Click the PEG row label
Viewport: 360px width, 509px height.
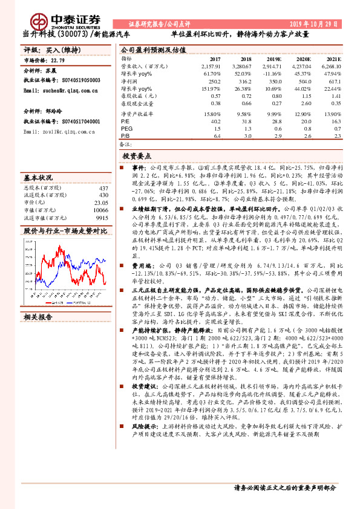pos(126,128)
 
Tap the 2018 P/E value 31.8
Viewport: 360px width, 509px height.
pos(241,121)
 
